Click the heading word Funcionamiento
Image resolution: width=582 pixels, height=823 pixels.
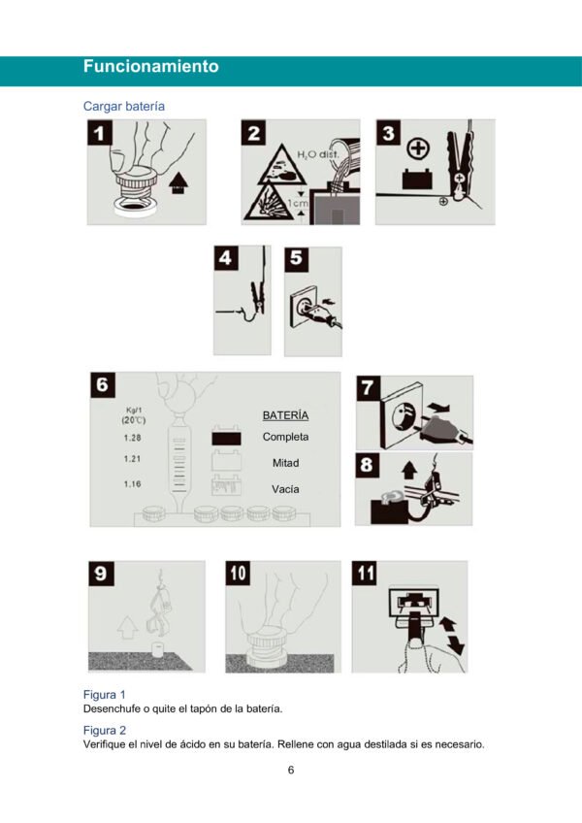tap(151, 66)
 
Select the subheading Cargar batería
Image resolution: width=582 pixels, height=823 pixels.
tap(124, 106)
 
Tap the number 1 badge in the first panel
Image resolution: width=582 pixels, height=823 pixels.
tap(99, 133)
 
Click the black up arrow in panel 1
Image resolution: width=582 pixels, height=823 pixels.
tap(178, 184)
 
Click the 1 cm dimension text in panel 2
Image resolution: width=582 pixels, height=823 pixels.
tap(298, 203)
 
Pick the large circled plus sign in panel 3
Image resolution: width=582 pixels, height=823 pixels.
tap(418, 149)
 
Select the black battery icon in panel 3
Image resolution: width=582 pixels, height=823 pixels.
tap(417, 179)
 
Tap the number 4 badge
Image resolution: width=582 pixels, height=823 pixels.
tap(226, 258)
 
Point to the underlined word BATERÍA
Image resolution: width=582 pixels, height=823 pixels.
tap(285, 415)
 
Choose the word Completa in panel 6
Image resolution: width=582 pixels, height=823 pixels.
tap(285, 437)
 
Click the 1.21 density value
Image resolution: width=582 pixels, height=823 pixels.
tap(132, 459)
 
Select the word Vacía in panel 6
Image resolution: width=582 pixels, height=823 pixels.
tap(285, 489)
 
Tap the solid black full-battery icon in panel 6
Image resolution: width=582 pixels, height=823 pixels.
tap(226, 437)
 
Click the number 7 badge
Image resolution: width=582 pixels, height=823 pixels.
tap(368, 388)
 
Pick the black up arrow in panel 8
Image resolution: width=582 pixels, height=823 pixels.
tap(409, 470)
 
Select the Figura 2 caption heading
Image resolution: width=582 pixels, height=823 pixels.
tap(105, 730)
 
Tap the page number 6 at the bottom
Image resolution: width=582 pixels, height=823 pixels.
tap(291, 770)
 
